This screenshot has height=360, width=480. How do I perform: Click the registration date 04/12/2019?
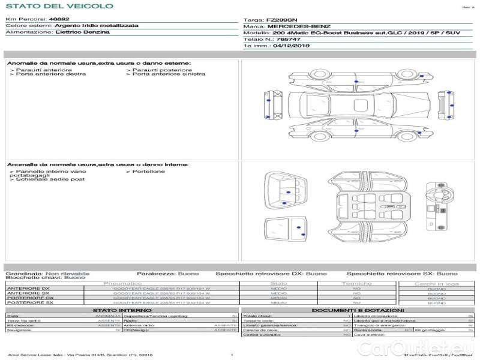click(292, 46)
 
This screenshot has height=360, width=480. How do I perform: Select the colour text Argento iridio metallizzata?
click(96, 26)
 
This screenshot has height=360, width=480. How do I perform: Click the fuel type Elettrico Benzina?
click(82, 32)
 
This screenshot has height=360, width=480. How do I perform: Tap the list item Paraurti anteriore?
click(43, 70)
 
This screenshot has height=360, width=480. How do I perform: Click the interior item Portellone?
click(147, 172)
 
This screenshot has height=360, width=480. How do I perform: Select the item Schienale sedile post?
click(50, 179)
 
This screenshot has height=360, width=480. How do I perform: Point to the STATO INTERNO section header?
click(122, 310)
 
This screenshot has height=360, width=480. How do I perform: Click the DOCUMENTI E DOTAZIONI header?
click(358, 310)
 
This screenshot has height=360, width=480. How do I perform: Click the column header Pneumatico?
click(122, 283)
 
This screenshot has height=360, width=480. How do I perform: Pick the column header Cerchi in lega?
click(436, 283)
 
